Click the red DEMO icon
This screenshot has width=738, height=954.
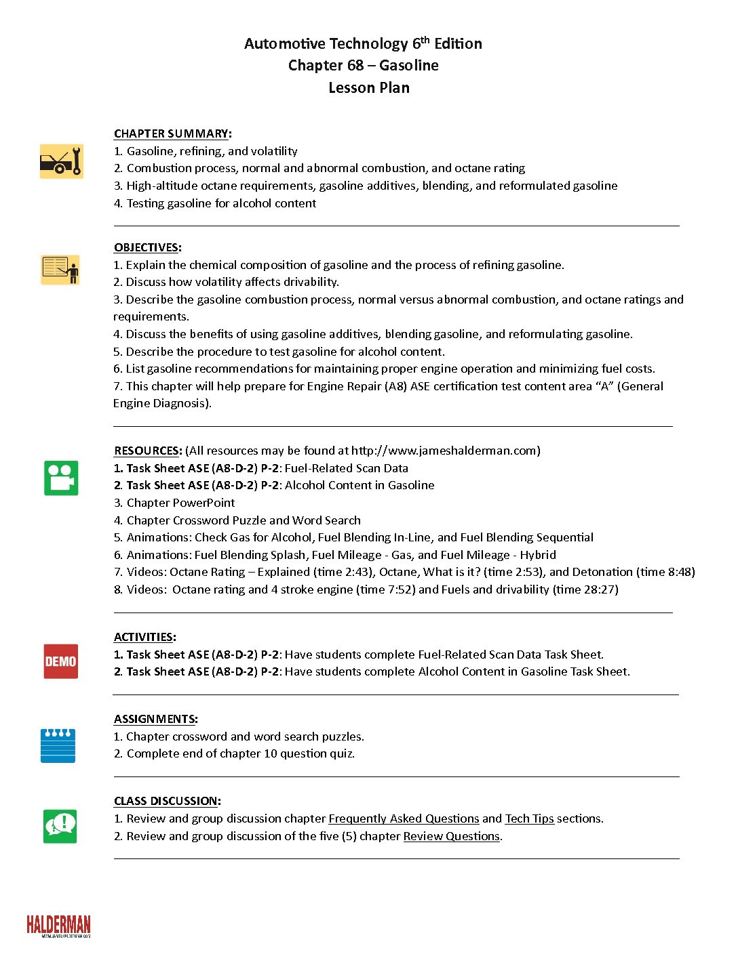click(x=61, y=661)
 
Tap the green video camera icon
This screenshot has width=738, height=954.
click(x=61, y=478)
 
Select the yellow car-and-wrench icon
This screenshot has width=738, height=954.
click(x=61, y=161)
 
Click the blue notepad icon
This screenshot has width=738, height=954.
click(x=58, y=745)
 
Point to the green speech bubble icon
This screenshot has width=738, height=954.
click(x=60, y=826)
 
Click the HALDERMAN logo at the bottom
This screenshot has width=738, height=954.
click(x=58, y=926)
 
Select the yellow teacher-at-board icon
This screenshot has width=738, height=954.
click(x=60, y=269)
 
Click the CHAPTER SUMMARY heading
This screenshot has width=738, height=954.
click(x=171, y=133)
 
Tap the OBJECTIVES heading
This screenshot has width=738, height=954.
click(x=147, y=247)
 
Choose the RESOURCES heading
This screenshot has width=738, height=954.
click(x=147, y=451)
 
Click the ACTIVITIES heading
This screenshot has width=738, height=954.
click(x=144, y=637)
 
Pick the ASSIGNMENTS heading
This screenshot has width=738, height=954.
click(x=155, y=719)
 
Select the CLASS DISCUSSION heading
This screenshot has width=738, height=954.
click(x=166, y=801)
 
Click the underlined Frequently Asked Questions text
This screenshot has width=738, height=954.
click(x=404, y=818)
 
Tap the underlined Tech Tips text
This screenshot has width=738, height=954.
click(x=529, y=818)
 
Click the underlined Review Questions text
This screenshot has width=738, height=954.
click(x=452, y=836)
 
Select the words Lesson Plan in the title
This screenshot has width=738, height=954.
click(x=369, y=88)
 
